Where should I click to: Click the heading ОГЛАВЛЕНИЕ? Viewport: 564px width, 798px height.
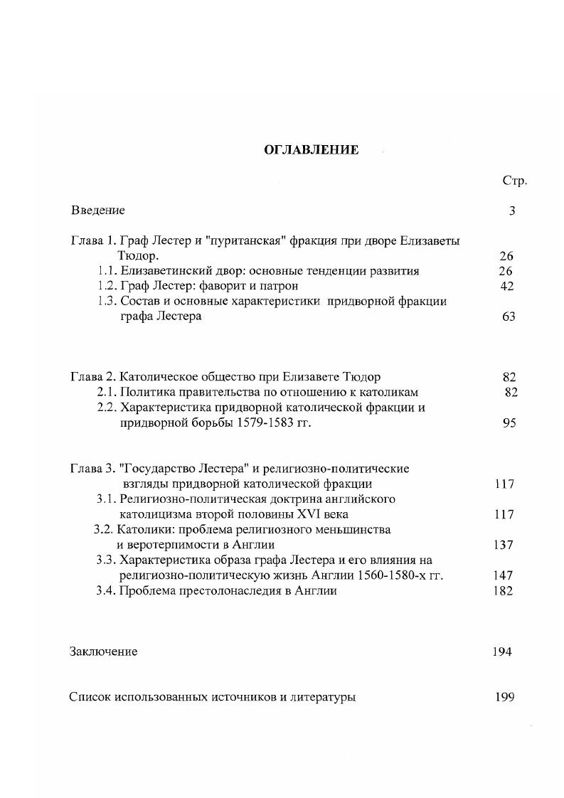[312, 150]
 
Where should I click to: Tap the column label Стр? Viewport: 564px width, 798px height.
[514, 181]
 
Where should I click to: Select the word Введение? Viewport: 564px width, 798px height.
[98, 211]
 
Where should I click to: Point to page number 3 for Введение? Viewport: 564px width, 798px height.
[512, 211]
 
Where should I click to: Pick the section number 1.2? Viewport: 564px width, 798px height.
[107, 286]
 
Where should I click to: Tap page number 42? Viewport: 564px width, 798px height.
[506, 286]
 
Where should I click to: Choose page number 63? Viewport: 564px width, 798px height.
[508, 316]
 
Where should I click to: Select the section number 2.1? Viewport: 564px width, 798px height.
[107, 392]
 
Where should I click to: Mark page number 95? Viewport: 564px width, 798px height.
[509, 423]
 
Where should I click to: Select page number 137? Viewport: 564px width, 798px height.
[503, 546]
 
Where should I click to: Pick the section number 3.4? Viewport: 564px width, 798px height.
[106, 591]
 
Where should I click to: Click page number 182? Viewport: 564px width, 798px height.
[503, 591]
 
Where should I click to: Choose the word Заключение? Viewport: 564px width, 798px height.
[103, 651]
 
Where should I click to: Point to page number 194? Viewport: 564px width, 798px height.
[501, 651]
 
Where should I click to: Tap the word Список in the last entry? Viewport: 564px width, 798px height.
[90, 697]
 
